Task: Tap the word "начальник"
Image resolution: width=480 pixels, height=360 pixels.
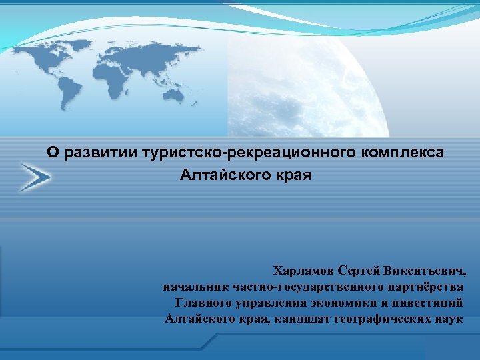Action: pos(196,287)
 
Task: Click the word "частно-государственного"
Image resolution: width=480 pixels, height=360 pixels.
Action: pos(307,287)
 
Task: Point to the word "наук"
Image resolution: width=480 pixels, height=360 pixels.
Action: pos(447,319)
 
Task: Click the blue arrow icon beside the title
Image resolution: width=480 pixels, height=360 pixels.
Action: pos(35,177)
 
